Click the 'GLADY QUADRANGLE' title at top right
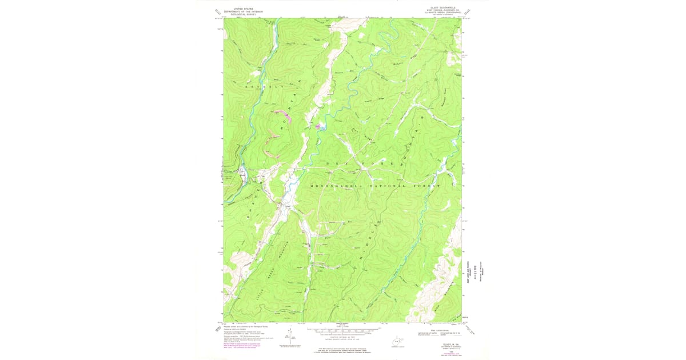[438, 7]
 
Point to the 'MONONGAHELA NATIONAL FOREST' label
[376, 187]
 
